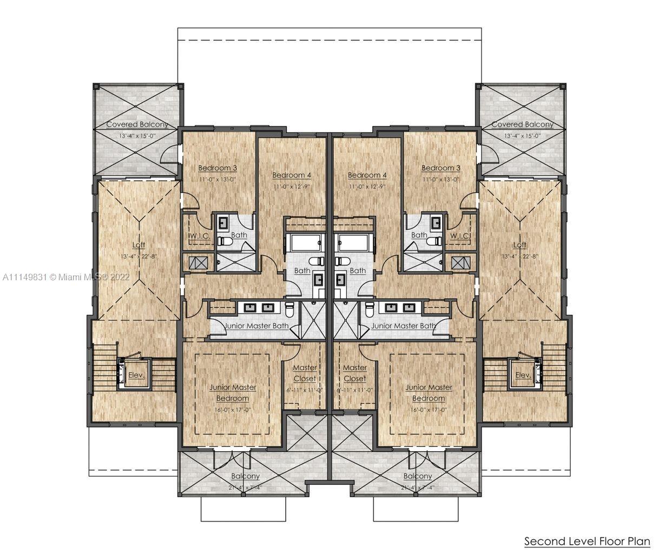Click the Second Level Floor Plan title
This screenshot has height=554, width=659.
(587, 541)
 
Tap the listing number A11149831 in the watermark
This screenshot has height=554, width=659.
(25, 276)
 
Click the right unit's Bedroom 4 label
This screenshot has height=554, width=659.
(367, 175)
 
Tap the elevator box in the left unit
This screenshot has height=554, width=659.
(133, 374)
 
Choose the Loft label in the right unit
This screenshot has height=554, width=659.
(519, 245)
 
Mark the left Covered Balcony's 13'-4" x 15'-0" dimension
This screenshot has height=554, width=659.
(136, 136)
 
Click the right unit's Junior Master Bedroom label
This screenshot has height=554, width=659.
(429, 393)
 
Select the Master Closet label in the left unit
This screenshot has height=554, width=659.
(305, 373)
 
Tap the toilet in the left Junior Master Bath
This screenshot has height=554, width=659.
(289, 309)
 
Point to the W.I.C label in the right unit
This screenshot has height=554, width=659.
(459, 236)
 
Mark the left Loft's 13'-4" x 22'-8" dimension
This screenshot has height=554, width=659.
(140, 256)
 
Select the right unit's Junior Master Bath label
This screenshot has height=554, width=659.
(403, 326)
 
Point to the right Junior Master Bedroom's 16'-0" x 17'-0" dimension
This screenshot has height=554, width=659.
(429, 410)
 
